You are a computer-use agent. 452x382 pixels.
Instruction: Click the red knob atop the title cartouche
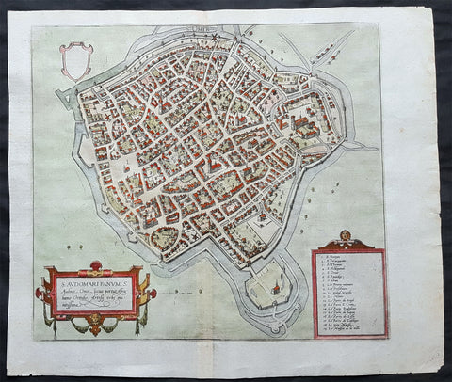[x=95, y=265]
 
